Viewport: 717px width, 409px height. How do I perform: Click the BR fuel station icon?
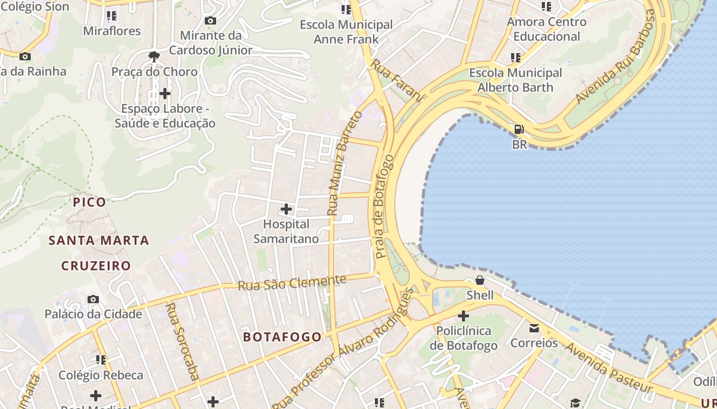click(x=519, y=129)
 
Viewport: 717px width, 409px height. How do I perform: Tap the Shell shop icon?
click(x=480, y=280)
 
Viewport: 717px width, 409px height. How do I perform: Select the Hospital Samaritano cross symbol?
click(x=286, y=209)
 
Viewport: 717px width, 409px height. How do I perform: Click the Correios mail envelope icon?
click(x=534, y=328)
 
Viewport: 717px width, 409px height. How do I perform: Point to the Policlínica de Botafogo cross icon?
click(x=463, y=316)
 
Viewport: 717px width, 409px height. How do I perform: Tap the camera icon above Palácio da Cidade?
click(x=93, y=299)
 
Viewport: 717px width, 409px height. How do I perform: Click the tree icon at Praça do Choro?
click(x=154, y=56)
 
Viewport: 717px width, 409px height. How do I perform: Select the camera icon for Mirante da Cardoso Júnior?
click(x=210, y=20)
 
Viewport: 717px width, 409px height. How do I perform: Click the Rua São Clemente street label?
click(x=292, y=282)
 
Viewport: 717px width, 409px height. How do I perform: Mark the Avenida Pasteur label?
click(x=608, y=368)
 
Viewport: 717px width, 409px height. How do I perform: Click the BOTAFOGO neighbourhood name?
click(x=282, y=337)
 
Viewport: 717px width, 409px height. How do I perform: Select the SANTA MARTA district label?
click(x=99, y=240)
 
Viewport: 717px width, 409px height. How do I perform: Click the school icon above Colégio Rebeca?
click(x=101, y=360)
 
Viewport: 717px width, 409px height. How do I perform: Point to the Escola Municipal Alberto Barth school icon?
click(x=515, y=58)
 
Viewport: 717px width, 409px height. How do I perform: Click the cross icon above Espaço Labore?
click(x=164, y=94)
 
